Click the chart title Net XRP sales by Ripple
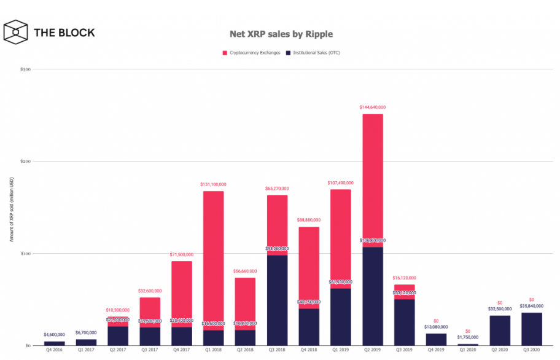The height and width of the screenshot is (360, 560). pos(281,34)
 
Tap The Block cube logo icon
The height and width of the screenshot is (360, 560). pos(16,33)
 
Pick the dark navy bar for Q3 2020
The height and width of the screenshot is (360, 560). pos(532,329)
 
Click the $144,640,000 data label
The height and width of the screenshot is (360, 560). pos(373,108)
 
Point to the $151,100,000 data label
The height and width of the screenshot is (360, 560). pos(213,184)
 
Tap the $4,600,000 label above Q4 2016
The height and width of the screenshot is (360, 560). pos(54,335)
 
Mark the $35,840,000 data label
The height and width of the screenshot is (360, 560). pos(532,306)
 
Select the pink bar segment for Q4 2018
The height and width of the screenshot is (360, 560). pos(309,267)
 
